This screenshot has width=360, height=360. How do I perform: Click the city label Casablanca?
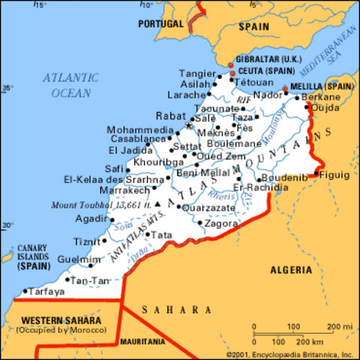click(x=138, y=139)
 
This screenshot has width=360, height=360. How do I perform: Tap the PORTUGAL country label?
click(x=161, y=24)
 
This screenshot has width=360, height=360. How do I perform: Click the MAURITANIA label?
click(x=142, y=341)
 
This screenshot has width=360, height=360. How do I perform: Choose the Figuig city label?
click(x=334, y=175)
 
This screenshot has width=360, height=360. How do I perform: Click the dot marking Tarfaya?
click(x=25, y=291)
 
